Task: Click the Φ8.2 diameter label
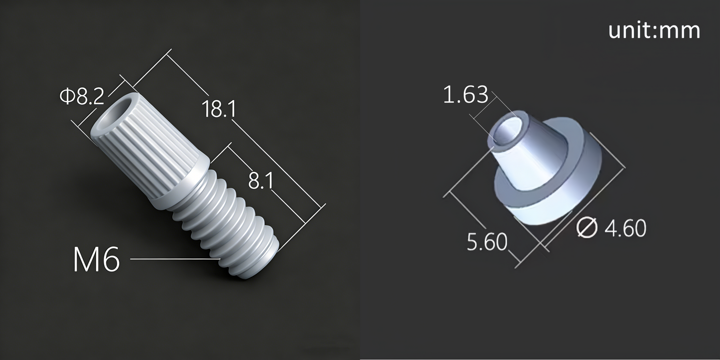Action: click(x=82, y=96)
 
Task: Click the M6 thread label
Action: click(x=96, y=260)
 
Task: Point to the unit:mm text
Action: click(x=654, y=30)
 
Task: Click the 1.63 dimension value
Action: click(x=465, y=95)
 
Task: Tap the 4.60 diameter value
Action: click(x=625, y=229)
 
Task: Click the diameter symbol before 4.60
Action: click(x=587, y=228)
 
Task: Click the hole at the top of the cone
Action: click(x=507, y=131)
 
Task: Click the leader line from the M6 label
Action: click(x=174, y=259)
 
